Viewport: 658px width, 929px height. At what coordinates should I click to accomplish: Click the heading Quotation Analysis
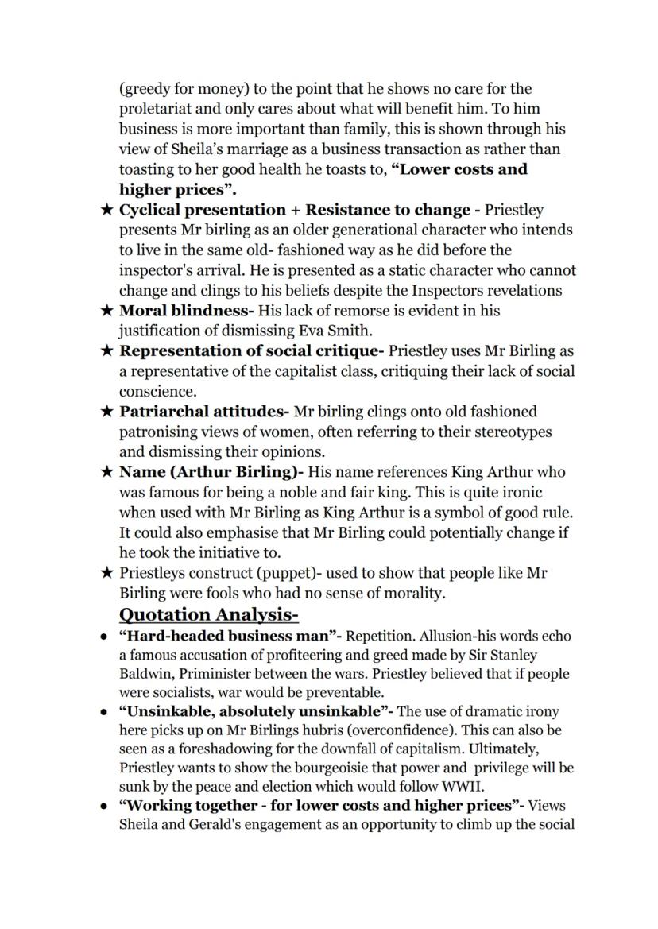point(208,614)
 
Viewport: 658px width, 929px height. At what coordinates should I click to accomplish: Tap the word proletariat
point(158,109)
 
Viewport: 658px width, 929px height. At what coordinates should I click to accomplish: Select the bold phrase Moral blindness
point(187,311)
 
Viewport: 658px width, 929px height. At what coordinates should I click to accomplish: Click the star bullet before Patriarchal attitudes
point(106,412)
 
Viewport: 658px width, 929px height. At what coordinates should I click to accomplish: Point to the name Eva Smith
point(336,331)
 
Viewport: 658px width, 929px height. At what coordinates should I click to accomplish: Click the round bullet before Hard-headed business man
point(104,637)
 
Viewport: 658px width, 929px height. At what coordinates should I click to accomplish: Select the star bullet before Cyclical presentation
point(106,210)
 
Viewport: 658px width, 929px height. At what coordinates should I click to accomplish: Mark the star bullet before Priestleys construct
point(106,573)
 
